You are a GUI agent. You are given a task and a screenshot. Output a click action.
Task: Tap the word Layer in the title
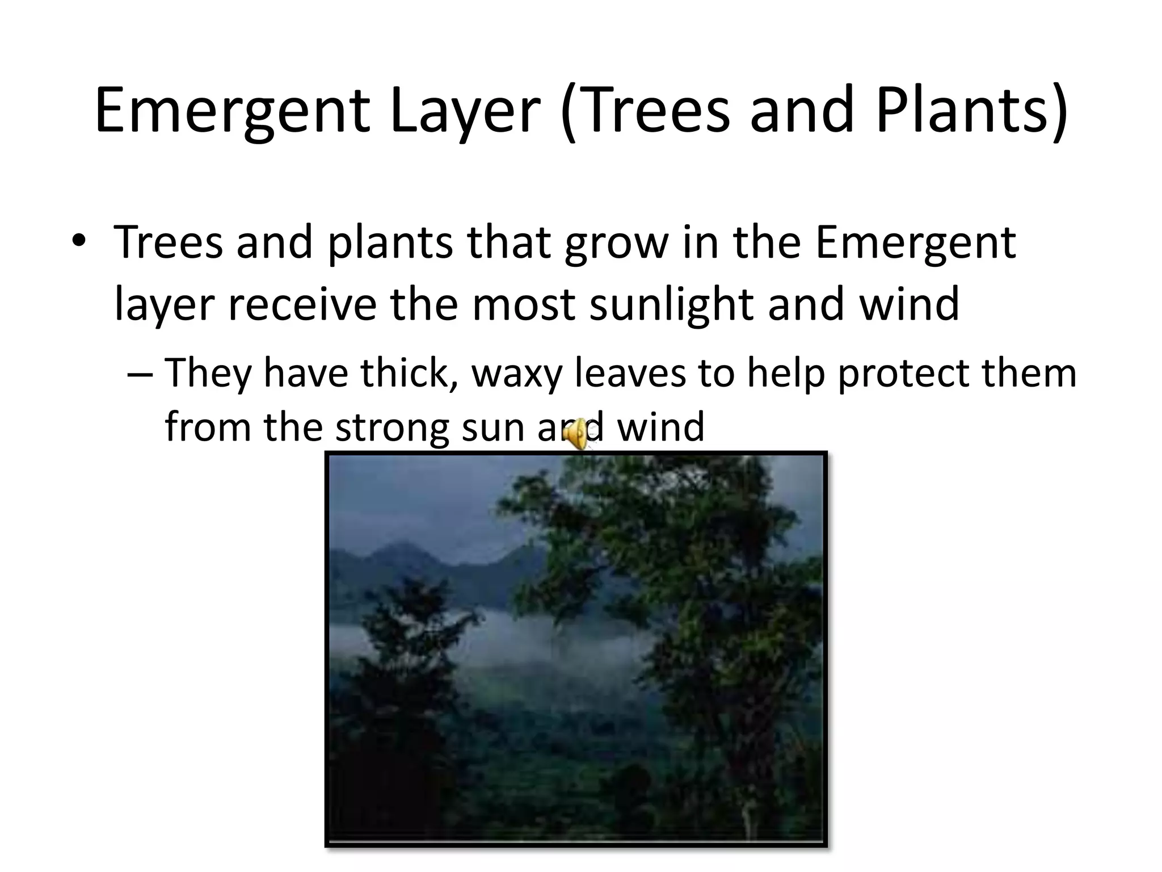pos(465,111)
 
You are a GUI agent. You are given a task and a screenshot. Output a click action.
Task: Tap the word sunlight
pos(671,304)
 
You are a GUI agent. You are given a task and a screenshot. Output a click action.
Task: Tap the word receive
pos(302,304)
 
